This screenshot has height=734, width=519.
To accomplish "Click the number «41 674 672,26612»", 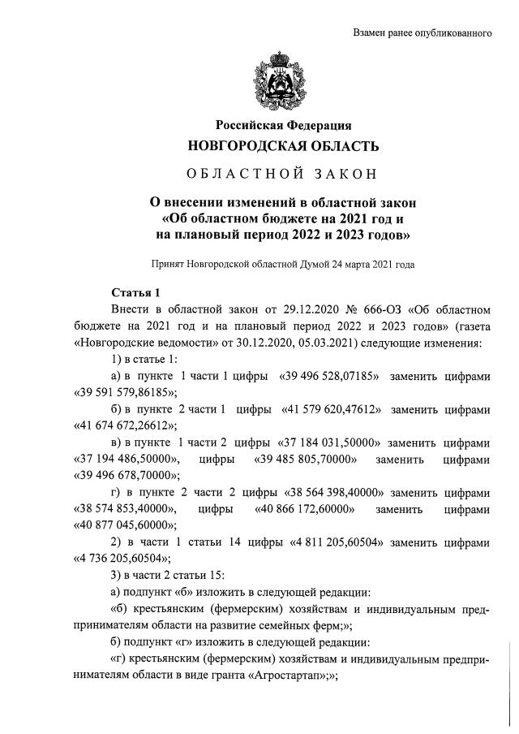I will point(126,426).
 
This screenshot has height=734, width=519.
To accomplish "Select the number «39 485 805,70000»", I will point(305,460).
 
